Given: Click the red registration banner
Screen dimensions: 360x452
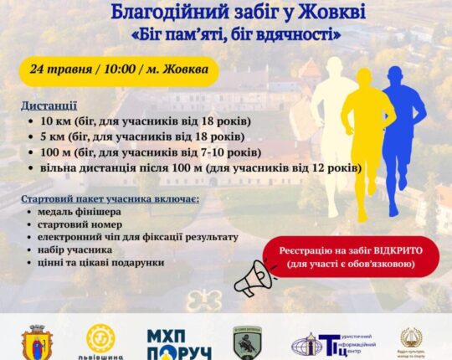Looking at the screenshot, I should click(x=349, y=256).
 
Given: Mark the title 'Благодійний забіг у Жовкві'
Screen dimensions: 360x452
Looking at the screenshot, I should click(x=227, y=13).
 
